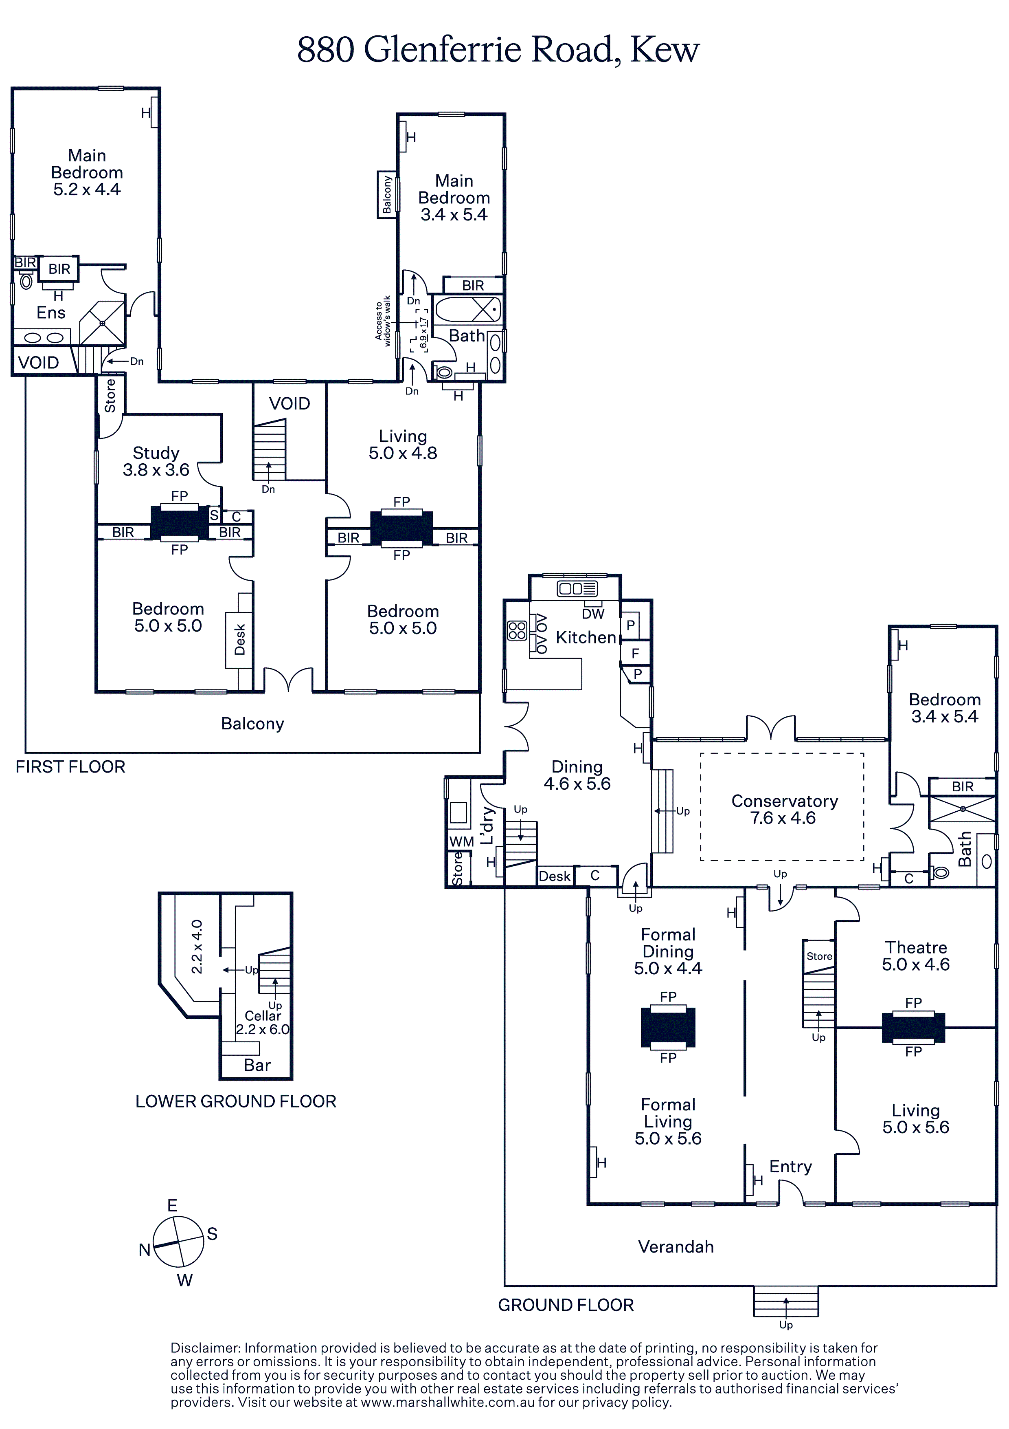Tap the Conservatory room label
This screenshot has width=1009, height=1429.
coord(784,809)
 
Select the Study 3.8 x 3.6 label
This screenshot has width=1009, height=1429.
coord(156,461)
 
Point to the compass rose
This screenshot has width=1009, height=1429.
coord(178,1241)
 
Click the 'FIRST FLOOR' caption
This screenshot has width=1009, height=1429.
coord(70,767)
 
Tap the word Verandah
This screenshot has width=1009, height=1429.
coord(676,1246)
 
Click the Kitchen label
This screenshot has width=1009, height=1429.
coord(586,637)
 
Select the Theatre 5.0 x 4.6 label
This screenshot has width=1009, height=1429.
coord(916,956)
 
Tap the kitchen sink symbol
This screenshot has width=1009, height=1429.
coord(577,588)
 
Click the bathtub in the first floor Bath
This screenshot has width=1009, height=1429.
coord(467,309)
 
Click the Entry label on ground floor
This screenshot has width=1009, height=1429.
coord(790,1166)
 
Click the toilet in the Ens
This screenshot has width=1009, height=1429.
coord(26,281)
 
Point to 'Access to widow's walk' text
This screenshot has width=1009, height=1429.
coord(383,321)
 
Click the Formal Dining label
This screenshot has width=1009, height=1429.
coord(668,951)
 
